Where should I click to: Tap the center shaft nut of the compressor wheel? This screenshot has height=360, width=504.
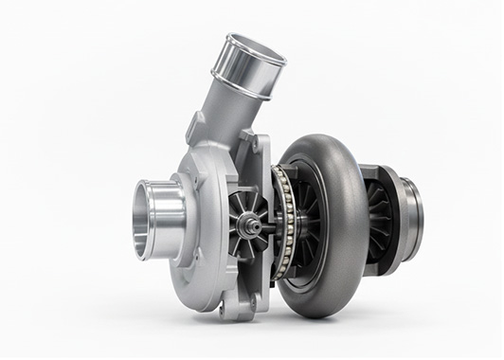pyautogui.click(x=248, y=225)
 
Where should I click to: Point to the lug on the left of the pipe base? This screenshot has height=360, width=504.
pyautogui.click(x=197, y=127)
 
